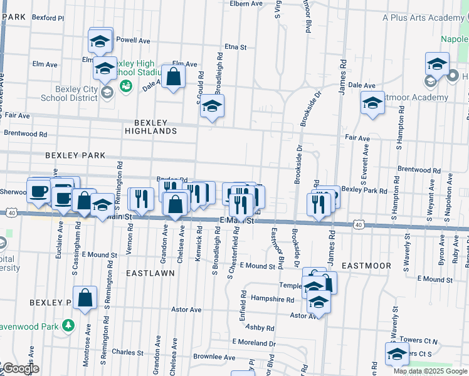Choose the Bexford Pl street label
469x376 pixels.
[x=48, y=18]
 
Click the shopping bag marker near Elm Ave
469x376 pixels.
[x=173, y=78]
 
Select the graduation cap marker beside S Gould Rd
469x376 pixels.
[x=213, y=108]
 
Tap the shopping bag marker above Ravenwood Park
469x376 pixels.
[x=85, y=298]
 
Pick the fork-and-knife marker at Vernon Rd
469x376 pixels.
[x=140, y=199]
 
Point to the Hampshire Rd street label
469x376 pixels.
[x=272, y=300]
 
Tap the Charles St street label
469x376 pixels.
[x=128, y=352]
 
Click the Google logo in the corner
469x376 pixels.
[x=20, y=368]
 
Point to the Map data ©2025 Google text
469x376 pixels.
[x=430, y=371]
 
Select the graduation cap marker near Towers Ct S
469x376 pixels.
[x=398, y=354]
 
